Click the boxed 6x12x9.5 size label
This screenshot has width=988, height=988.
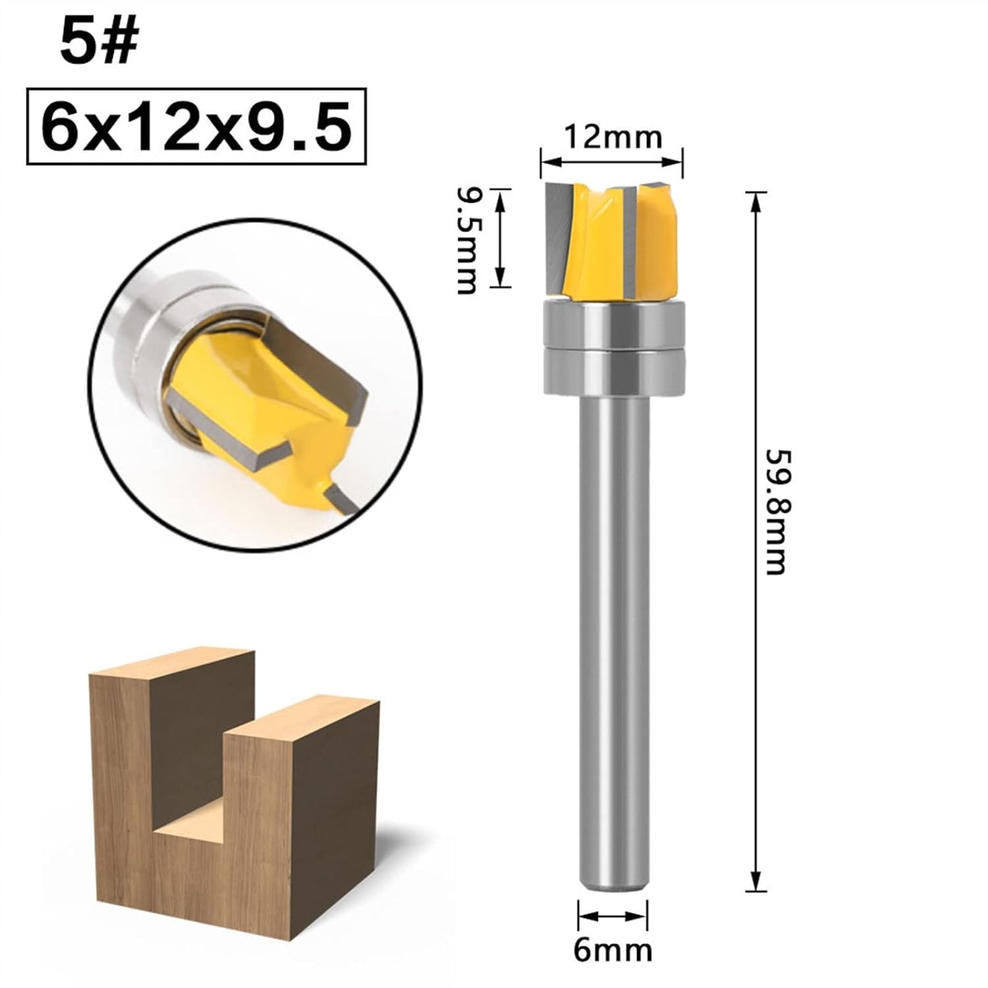pyautogui.click(x=196, y=126)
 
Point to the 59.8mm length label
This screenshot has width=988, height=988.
pyautogui.click(x=776, y=512)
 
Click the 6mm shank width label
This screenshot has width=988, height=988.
pyautogui.click(x=613, y=950)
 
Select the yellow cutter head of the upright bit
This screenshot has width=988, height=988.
pyautogui.click(x=609, y=240)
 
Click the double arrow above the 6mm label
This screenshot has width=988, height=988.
pyautogui.click(x=613, y=916)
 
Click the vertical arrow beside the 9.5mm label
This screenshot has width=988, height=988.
pyautogui.click(x=502, y=238)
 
